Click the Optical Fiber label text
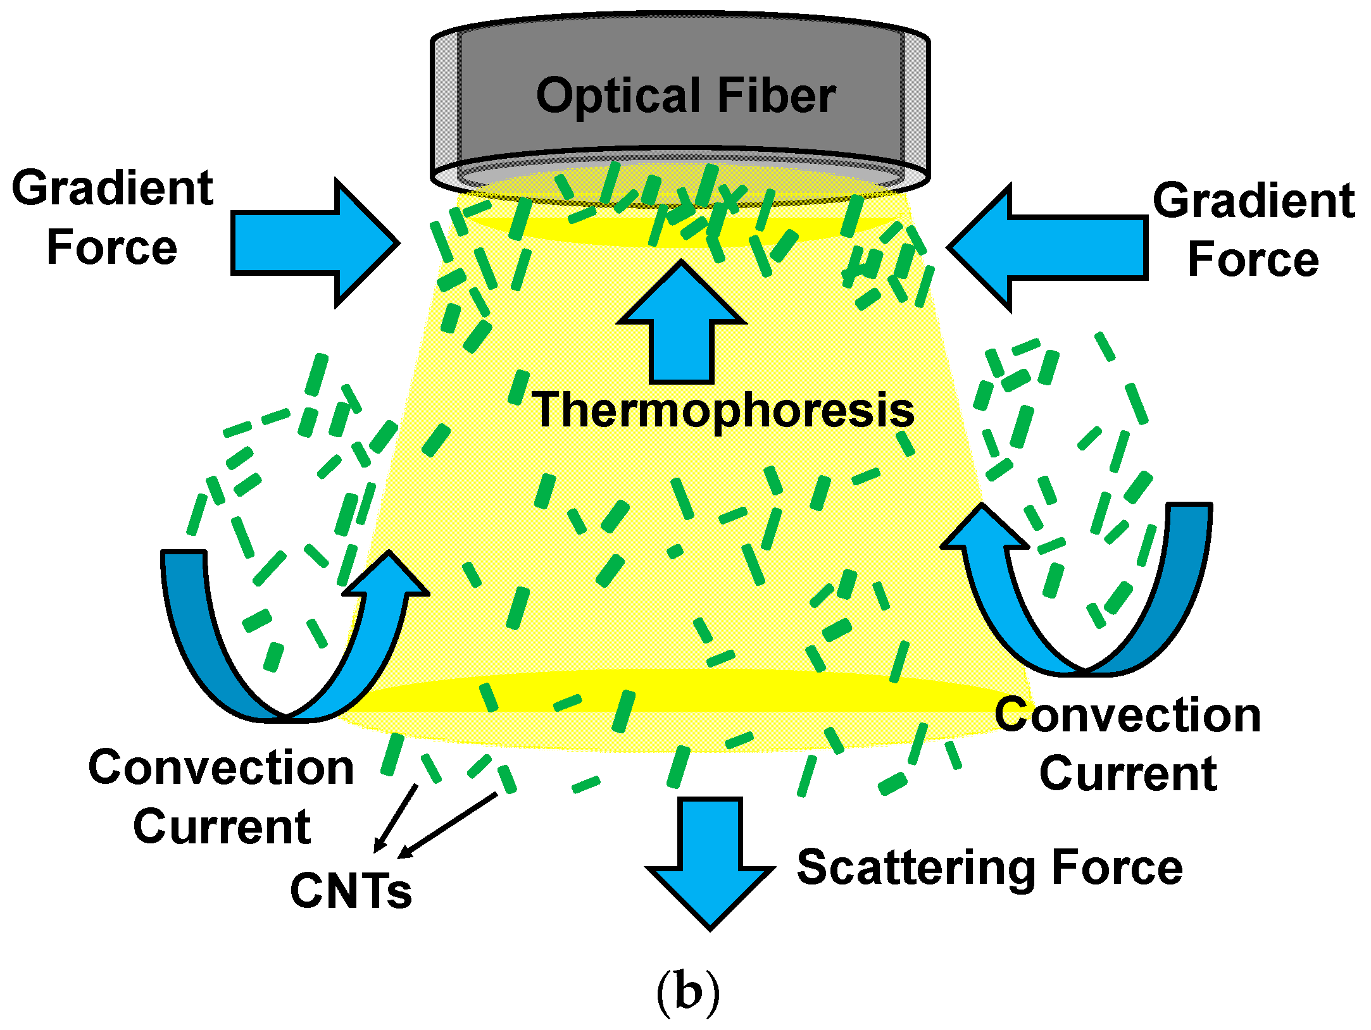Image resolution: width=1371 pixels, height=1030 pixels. (x=685, y=96)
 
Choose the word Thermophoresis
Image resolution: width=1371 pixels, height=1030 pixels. (x=722, y=410)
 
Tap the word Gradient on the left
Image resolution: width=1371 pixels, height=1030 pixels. (x=113, y=189)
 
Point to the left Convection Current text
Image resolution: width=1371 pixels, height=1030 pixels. (x=221, y=797)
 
